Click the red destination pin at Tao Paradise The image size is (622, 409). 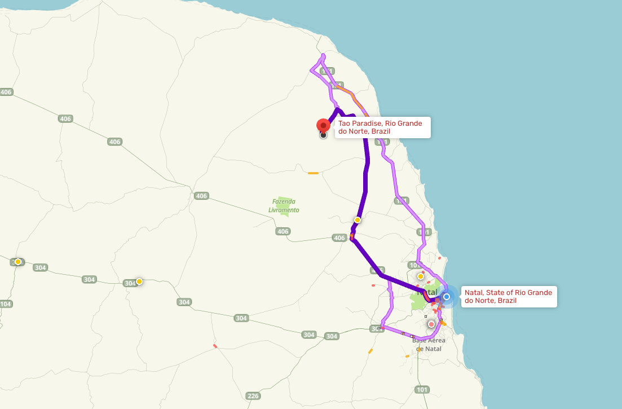tap(323, 125)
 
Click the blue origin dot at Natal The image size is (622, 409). tap(447, 296)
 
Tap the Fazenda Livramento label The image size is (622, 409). tap(284, 206)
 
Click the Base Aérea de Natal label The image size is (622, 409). tap(429, 344)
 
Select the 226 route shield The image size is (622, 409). tap(253, 396)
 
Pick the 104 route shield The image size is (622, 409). tap(5, 304)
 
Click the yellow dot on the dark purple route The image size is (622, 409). tap(358, 219)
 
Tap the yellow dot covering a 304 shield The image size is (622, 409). tap(139, 281)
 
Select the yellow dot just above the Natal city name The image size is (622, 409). tap(421, 276)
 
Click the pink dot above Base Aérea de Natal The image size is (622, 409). tap(432, 324)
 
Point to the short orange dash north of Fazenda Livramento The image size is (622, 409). tap(313, 173)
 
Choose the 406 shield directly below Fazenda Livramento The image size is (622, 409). tap(283, 232)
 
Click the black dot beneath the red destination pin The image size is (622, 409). tap(323, 135)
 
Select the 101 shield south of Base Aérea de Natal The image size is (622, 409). tap(422, 390)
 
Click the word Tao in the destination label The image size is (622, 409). tap(343, 123)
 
